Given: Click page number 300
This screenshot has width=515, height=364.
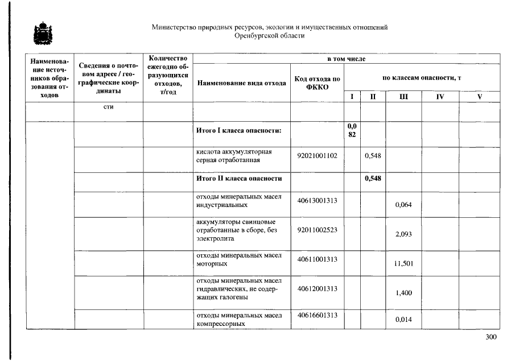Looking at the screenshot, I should click(491, 337).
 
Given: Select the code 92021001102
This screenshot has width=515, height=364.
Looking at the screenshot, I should click(317, 155).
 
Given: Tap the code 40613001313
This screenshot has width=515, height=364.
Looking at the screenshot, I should click(317, 200).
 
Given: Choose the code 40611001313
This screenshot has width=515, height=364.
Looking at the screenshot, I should click(317, 259).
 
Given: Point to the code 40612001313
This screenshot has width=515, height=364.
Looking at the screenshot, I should click(317, 288).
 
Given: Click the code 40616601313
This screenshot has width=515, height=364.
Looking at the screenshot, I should click(317, 315).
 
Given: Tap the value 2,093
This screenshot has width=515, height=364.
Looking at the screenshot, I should click(403, 234).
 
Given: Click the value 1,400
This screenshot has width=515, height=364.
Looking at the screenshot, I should click(403, 293).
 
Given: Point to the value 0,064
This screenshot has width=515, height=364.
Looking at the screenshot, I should click(403, 205).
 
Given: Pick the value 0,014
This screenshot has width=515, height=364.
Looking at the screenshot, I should click(403, 320).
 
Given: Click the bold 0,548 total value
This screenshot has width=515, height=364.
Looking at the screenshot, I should click(372, 179).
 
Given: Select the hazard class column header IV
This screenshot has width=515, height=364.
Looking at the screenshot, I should click(439, 97).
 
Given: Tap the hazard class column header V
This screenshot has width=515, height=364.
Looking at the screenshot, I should click(479, 97).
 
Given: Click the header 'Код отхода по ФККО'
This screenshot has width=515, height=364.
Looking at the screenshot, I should click(317, 83).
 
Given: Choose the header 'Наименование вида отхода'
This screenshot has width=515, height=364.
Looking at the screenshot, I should click(241, 83).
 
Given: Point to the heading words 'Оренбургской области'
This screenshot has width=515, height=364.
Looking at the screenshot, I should click(270, 35).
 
